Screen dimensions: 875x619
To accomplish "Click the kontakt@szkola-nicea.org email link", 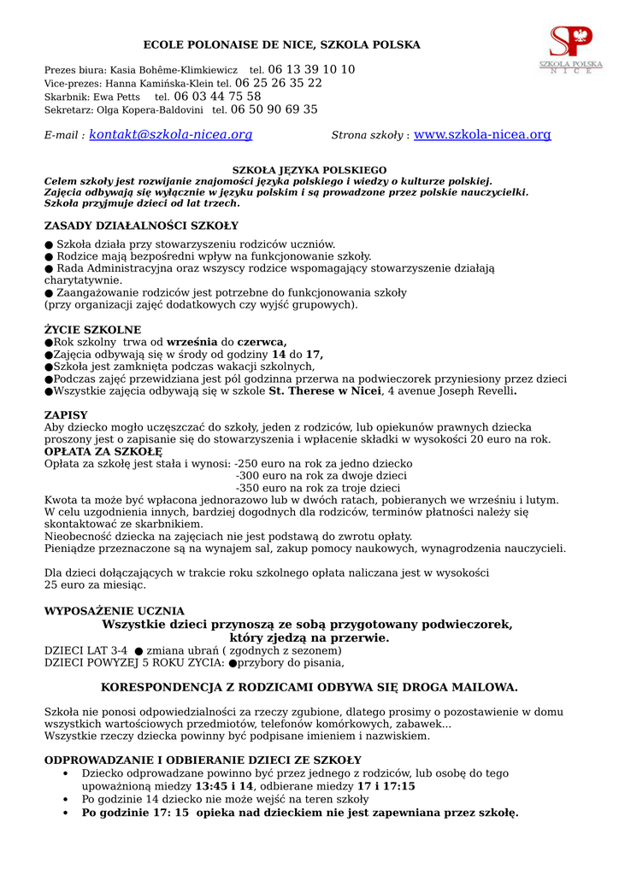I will (x=170, y=135).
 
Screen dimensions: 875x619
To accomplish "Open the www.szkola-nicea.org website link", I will (x=482, y=135).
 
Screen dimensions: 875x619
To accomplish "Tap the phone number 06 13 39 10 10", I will (x=311, y=69).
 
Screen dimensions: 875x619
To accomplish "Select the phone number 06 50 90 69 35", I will (x=274, y=109).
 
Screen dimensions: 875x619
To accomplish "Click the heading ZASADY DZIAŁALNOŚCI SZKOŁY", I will (x=141, y=226).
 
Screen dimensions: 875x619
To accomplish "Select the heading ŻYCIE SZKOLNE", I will (x=92, y=330).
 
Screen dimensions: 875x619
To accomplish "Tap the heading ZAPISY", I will (x=66, y=415).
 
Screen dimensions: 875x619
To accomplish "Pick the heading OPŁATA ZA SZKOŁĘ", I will (x=103, y=451).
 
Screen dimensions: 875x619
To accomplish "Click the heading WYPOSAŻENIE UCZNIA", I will (x=114, y=611).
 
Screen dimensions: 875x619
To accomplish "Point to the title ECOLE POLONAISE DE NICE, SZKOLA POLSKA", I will (x=281, y=44).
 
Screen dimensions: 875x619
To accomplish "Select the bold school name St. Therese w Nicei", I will (x=325, y=391).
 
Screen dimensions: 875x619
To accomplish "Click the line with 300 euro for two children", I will (x=321, y=476).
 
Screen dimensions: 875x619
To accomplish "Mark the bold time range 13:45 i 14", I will (x=225, y=786).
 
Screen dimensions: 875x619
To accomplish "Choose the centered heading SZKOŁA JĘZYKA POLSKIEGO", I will (x=309, y=170).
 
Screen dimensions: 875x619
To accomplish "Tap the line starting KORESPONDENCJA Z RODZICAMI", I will (x=309, y=687).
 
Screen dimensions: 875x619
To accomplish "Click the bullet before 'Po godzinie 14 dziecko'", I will (x=67, y=800).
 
